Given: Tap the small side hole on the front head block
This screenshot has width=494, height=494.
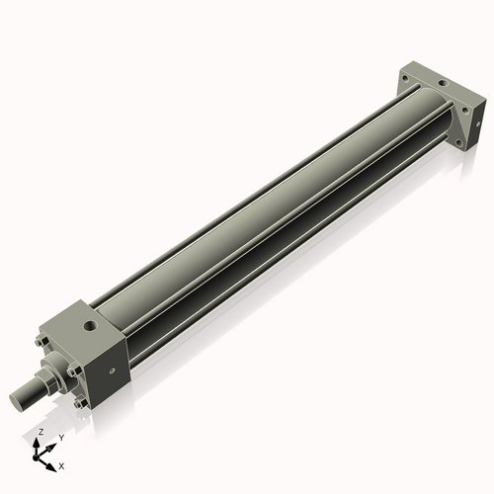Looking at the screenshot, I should [112, 371].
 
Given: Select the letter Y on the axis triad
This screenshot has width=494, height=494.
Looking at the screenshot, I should [60, 438].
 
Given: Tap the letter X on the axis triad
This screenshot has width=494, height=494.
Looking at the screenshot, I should [62, 464].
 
